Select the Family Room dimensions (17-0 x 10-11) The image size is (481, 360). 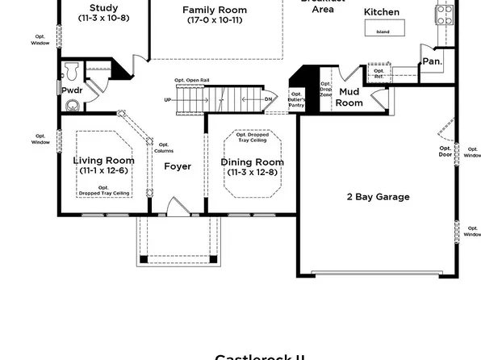[215, 19]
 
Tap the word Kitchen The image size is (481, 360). [381, 12]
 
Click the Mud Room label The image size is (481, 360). [349, 98]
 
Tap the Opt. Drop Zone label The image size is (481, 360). [325, 90]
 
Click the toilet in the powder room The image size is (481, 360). [72, 67]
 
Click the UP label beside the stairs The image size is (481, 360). [167, 100]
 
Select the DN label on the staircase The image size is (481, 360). [268, 100]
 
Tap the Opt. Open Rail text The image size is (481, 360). [191, 80]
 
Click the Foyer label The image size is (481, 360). [178, 166]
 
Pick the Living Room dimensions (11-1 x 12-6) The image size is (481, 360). [104, 170]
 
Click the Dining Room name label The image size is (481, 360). [253, 161]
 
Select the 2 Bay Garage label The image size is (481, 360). [378, 196]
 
